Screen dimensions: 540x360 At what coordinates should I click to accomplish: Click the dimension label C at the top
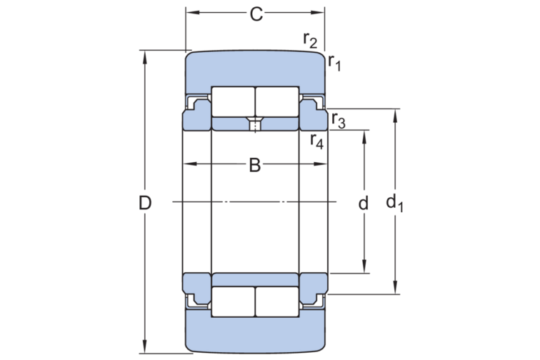pyautogui.click(x=256, y=14)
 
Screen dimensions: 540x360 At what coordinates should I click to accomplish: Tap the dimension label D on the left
pyautogui.click(x=145, y=203)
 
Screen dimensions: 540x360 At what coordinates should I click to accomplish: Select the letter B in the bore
pyautogui.click(x=255, y=165)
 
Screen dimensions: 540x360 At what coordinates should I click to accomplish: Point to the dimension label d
pyautogui.click(x=364, y=203)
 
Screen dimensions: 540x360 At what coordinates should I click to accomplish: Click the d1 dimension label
pyautogui.click(x=395, y=204)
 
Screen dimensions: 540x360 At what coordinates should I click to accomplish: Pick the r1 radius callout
pyautogui.click(x=334, y=63)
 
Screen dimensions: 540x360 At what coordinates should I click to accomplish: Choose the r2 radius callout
pyautogui.click(x=310, y=40)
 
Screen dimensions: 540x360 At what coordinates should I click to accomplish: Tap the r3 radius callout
pyautogui.click(x=339, y=121)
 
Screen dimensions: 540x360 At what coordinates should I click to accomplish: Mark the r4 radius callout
pyautogui.click(x=317, y=141)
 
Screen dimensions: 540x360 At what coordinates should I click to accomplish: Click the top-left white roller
pyautogui.click(x=233, y=101)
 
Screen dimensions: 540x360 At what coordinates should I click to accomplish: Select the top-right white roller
pyautogui.click(x=277, y=101)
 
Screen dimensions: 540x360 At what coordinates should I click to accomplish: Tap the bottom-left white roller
pyautogui.click(x=233, y=301)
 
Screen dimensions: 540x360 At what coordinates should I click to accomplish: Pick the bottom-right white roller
pyautogui.click(x=277, y=301)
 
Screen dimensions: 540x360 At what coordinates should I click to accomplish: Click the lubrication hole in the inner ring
pyautogui.click(x=255, y=124)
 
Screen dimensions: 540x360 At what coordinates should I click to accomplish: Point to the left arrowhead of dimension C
pyautogui.click(x=193, y=12)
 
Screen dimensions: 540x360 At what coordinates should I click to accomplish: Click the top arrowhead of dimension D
pyautogui.click(x=145, y=58)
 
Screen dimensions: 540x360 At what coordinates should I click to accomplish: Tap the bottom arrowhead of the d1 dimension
pyautogui.click(x=395, y=287)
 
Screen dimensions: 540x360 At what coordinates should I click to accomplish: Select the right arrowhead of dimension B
pyautogui.click(x=320, y=164)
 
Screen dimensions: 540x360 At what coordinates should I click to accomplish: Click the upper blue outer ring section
pyautogui.click(x=255, y=71)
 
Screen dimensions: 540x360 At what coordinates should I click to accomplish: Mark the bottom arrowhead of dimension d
pyautogui.click(x=364, y=266)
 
